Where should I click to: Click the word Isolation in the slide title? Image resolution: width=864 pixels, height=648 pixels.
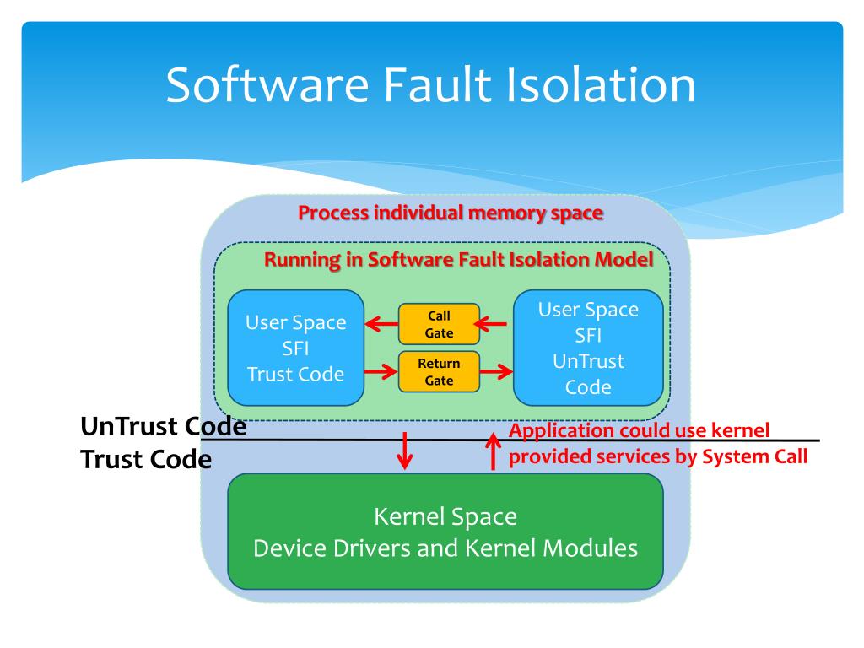tap(601, 85)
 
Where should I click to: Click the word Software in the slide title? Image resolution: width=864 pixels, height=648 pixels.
tap(267, 85)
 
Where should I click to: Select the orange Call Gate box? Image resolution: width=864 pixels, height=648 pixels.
tap(439, 324)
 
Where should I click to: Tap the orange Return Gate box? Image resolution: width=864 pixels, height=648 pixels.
tap(439, 371)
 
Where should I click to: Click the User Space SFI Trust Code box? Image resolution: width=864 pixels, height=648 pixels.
tap(296, 348)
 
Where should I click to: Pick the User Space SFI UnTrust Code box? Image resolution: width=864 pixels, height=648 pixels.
tap(588, 348)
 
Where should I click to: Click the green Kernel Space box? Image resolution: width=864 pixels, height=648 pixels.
tap(445, 532)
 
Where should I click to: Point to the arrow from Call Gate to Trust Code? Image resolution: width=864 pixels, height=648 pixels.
tap(381, 324)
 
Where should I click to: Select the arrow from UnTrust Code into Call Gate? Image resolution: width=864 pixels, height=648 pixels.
tap(490, 324)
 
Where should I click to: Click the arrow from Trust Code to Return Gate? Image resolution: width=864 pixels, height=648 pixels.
tap(381, 371)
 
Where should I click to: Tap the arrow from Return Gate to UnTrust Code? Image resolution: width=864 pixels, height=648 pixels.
tap(496, 371)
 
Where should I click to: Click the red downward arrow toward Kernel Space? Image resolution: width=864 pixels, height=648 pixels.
tap(405, 451)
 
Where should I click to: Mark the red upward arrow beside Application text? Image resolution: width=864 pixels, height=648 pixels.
tap(493, 451)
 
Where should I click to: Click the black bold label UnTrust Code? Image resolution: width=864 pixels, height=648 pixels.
tap(163, 426)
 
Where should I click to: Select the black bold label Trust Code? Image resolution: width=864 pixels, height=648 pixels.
tap(146, 459)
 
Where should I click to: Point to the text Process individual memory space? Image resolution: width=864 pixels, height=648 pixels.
tap(451, 213)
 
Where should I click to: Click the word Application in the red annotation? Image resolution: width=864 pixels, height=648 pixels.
tap(560, 431)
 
